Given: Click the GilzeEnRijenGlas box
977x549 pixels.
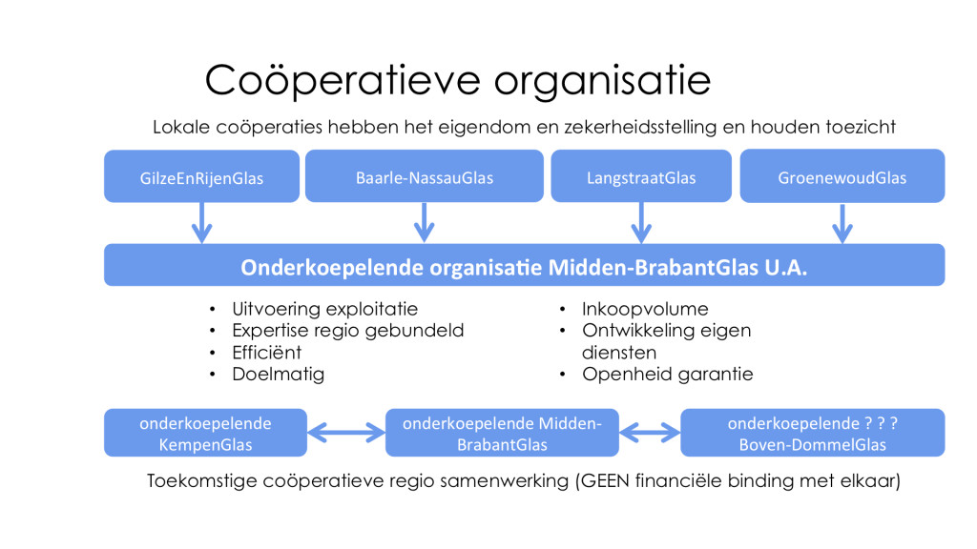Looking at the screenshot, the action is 201,176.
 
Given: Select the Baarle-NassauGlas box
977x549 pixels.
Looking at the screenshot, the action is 425,175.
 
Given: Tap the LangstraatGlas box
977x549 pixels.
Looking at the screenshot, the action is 641,175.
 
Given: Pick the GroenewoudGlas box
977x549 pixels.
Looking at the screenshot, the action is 842,175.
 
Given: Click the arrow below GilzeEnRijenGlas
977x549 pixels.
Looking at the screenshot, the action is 201,222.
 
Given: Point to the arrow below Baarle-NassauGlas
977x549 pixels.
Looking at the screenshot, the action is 425,222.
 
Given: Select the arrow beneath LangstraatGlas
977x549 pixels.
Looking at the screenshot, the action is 641,222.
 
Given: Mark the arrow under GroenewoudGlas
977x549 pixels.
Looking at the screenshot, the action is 842,223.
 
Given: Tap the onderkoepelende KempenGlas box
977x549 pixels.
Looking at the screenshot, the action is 206,433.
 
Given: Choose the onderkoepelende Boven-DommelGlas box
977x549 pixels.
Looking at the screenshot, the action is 813,433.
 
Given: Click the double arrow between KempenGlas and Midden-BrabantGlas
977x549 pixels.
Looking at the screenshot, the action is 346,433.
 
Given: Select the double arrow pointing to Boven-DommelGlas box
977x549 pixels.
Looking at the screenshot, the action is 650,433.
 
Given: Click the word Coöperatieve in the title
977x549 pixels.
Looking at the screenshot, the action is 343,80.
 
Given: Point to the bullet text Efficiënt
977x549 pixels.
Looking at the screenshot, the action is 267,353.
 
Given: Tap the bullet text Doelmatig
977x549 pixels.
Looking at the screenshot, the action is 278,374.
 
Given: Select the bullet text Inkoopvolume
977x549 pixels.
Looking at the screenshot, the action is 645,309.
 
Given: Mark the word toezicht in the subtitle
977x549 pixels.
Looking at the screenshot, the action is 862,127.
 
